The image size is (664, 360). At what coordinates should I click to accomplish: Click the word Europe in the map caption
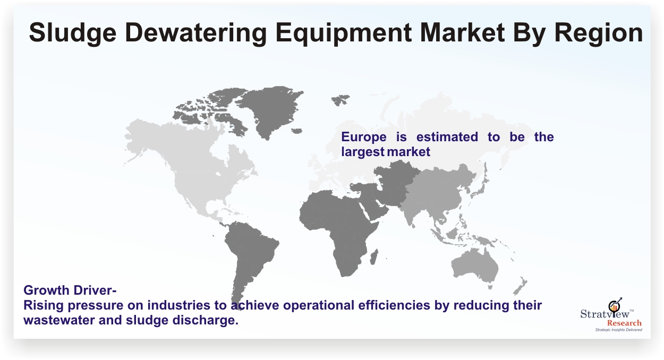click(x=364, y=137)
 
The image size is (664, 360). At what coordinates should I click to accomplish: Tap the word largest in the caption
click(x=363, y=152)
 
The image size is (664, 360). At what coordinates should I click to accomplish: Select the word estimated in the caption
click(x=447, y=137)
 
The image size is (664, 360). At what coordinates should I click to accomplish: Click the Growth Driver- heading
click(x=70, y=290)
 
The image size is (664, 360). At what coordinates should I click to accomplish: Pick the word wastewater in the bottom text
click(x=59, y=320)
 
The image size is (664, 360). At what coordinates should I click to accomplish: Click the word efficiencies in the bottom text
click(x=394, y=305)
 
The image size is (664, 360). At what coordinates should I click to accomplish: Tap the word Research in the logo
click(x=624, y=323)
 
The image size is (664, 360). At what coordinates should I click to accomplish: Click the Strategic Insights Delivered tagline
click(x=619, y=330)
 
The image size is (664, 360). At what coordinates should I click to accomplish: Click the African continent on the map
click(x=338, y=225)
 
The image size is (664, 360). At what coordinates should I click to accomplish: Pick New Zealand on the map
click(x=520, y=286)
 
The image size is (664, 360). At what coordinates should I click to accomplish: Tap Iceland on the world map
click(x=297, y=131)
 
